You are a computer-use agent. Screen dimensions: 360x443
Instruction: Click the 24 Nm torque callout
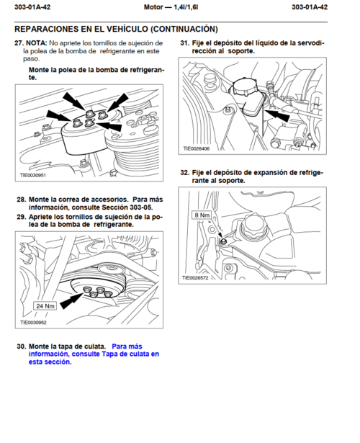click(45, 306)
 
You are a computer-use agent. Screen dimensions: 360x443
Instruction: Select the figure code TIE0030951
click(32, 175)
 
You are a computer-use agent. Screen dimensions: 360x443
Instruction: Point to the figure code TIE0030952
click(33, 323)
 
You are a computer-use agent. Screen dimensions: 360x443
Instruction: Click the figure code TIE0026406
click(197, 148)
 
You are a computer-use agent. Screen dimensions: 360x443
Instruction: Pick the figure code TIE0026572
click(195, 278)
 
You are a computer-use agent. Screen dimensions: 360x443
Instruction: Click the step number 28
click(21, 200)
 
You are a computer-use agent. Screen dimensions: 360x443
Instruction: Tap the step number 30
click(21, 346)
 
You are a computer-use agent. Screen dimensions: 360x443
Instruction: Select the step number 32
click(184, 173)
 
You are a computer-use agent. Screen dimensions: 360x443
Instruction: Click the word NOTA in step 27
click(36, 43)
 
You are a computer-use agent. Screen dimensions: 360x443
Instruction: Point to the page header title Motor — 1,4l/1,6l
click(171, 7)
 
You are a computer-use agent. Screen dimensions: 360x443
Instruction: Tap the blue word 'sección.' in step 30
click(60, 362)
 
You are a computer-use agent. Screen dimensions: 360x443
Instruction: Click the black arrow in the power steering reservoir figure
click(277, 115)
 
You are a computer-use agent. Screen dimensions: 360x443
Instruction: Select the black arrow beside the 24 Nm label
click(72, 301)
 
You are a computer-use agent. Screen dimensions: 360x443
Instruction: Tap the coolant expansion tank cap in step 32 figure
click(253, 225)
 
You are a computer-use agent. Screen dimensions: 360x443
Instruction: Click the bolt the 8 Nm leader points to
click(223, 241)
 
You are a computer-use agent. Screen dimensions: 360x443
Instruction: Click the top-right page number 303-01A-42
click(310, 7)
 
